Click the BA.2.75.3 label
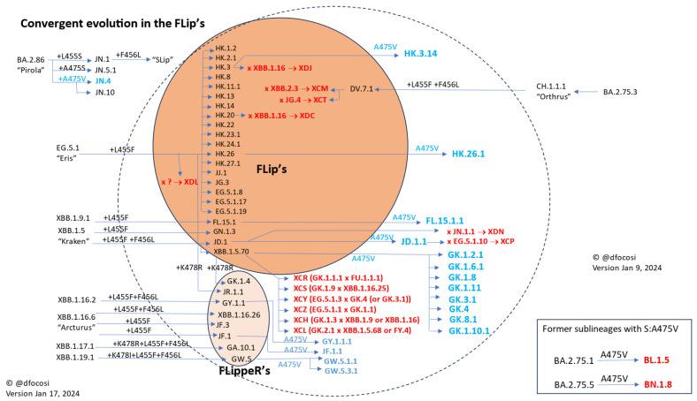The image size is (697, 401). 623,92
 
